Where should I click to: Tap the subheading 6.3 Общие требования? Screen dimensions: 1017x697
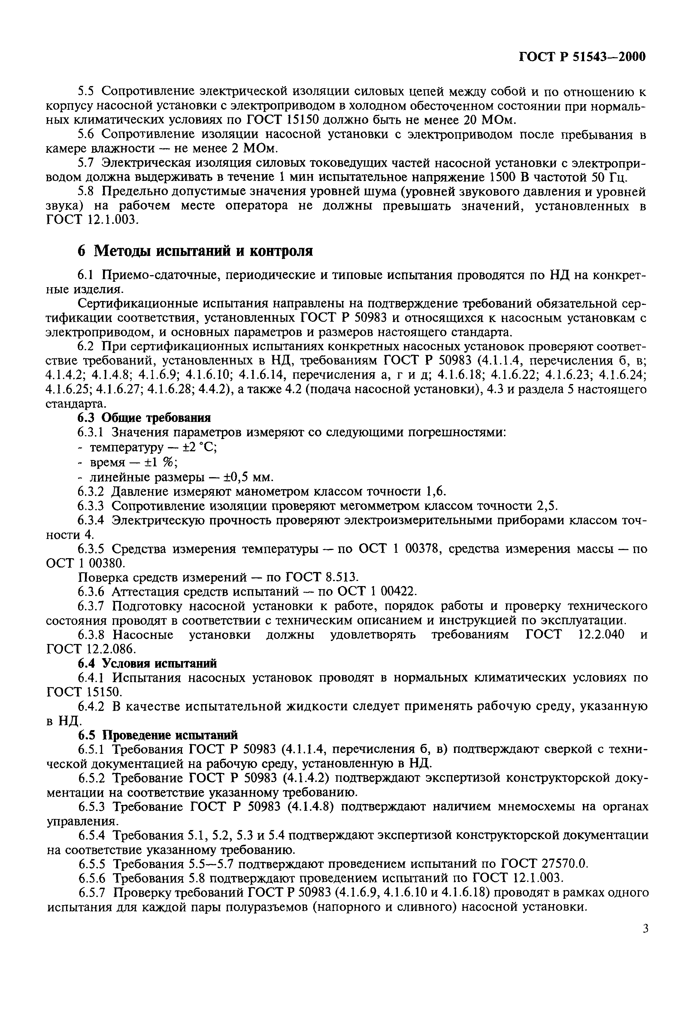click(x=144, y=418)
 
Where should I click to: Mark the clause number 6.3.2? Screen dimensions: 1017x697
click(x=91, y=492)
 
